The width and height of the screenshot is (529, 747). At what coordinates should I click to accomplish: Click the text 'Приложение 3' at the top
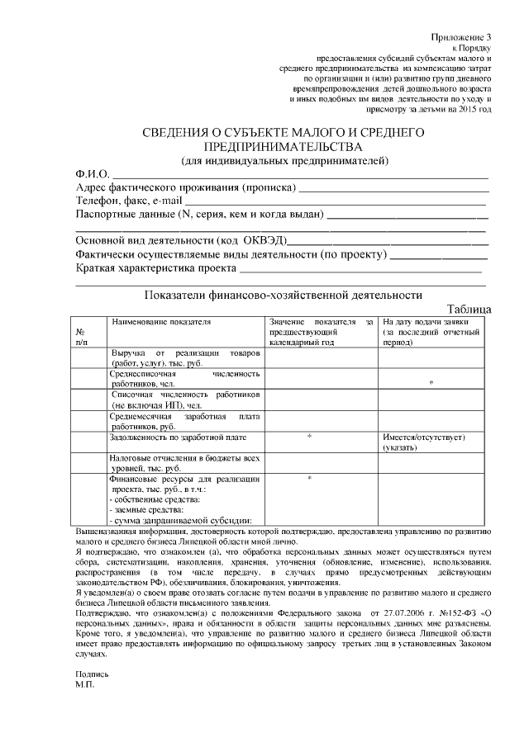tap(461, 38)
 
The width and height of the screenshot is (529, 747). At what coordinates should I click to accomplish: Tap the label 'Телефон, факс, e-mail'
tap(129, 201)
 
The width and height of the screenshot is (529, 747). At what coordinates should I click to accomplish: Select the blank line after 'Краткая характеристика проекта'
tap(360, 270)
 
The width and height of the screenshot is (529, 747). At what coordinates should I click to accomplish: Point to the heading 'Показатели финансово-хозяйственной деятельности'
tap(283, 294)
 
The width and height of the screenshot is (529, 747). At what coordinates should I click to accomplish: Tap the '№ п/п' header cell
tap(81, 335)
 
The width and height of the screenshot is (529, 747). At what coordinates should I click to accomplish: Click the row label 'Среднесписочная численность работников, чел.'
tap(185, 379)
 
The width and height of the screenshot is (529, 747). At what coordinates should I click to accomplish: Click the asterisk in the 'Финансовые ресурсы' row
tap(309, 479)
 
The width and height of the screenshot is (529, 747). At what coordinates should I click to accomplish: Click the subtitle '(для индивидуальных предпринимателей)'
tap(284, 159)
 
